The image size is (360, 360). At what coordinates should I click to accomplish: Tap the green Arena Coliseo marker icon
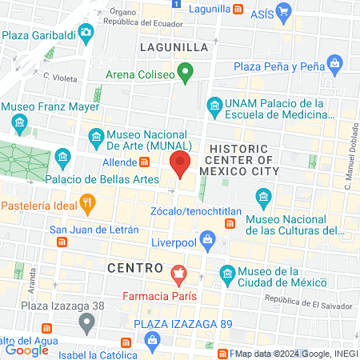[185, 76]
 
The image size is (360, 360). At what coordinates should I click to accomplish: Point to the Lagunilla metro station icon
[238, 9]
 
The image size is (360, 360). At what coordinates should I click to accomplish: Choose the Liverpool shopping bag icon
[207, 238]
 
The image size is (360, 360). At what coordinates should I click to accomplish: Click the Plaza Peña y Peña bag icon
[334, 65]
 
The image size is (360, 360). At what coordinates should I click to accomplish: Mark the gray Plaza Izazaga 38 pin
[86, 324]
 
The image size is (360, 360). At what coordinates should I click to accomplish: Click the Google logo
[26, 350]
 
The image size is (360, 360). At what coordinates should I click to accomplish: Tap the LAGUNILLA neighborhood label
[174, 47]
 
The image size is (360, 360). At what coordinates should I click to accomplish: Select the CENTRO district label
[134, 266]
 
